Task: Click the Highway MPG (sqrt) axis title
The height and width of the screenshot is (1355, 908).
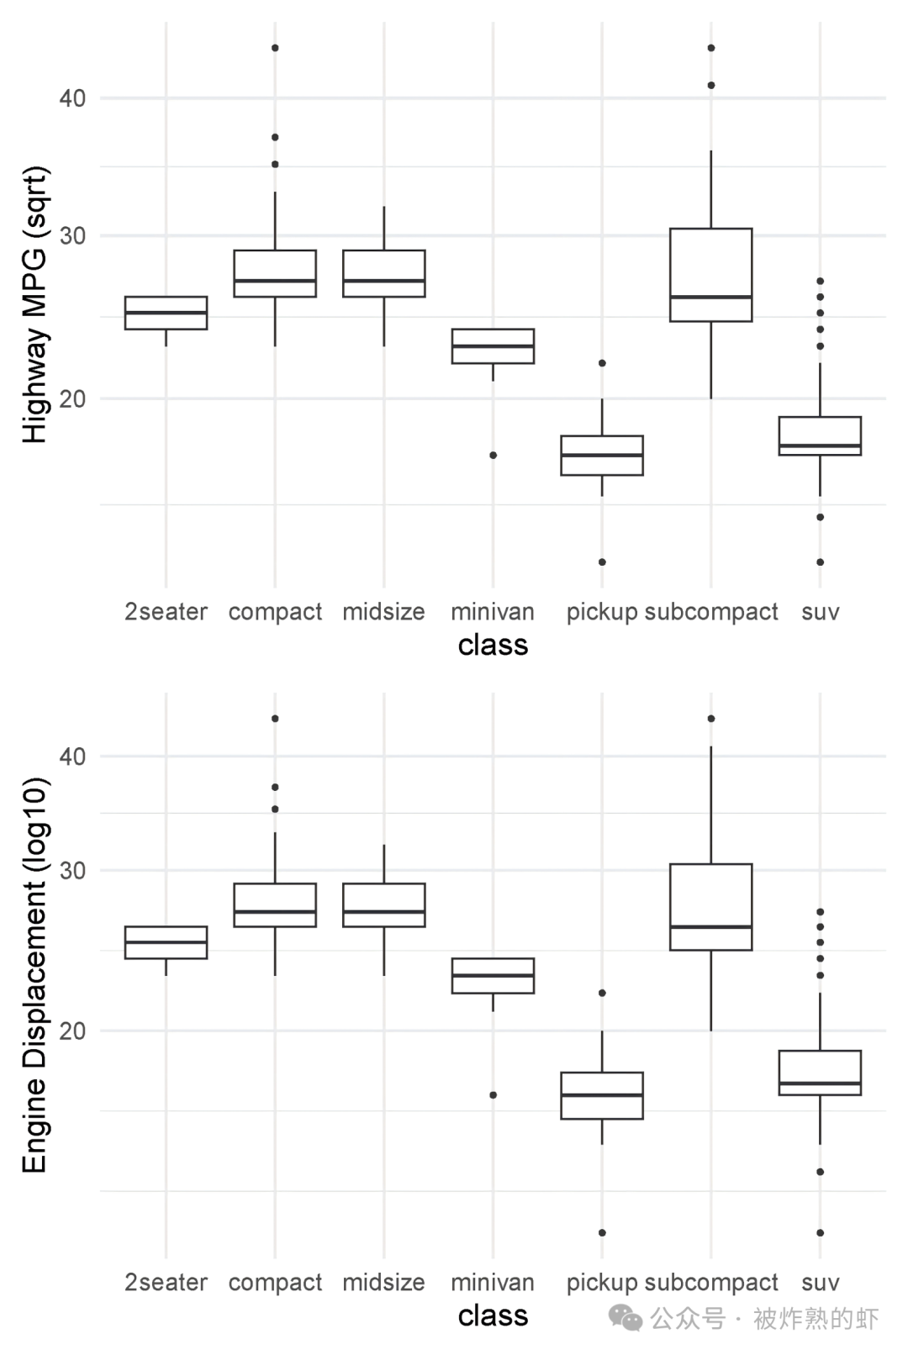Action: [34, 304]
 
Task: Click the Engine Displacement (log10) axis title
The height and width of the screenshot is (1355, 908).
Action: [34, 975]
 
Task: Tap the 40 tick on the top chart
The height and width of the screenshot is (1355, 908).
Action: [72, 98]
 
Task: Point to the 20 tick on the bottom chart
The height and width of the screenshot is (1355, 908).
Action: [72, 1031]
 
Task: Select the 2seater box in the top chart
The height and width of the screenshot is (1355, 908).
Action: [166, 313]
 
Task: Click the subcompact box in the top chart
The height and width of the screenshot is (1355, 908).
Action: [710, 274]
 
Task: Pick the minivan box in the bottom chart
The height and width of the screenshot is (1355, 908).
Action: [493, 976]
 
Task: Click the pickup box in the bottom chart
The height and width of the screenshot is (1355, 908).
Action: [602, 1095]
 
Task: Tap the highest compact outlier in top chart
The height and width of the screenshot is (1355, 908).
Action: [275, 48]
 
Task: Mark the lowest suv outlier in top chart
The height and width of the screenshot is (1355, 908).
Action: [820, 562]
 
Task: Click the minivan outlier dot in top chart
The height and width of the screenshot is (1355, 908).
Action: [494, 455]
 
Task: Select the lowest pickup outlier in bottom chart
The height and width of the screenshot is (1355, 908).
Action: [602, 1232]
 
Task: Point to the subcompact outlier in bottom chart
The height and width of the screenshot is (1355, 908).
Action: [710, 719]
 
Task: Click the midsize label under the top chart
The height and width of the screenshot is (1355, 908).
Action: [383, 612]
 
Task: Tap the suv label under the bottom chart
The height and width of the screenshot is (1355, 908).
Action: [820, 1283]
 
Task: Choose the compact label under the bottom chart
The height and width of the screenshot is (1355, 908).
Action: [275, 1283]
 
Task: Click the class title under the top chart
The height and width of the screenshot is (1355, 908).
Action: [493, 645]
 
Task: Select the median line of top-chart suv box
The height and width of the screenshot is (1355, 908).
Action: [820, 446]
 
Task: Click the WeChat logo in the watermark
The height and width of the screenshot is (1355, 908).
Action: [626, 1317]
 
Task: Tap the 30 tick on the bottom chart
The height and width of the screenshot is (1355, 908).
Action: [72, 870]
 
